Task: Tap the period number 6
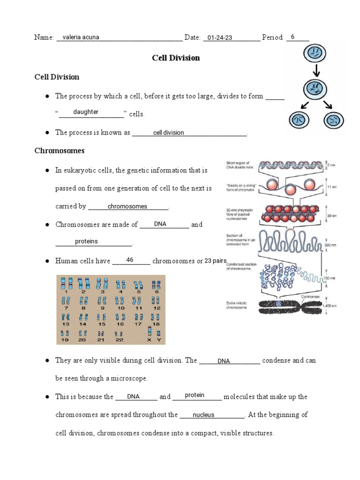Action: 292,37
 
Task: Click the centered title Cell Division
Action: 176,58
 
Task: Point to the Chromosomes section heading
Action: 60,150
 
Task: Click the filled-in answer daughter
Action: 86,112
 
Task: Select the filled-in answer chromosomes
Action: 127,206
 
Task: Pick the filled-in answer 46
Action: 130,260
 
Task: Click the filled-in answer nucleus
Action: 203,415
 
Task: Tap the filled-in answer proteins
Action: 87,241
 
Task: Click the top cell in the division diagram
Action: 317,53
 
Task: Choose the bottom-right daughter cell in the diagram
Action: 334,120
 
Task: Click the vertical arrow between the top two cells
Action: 317,70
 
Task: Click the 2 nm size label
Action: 331,165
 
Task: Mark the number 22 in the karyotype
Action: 120,340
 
